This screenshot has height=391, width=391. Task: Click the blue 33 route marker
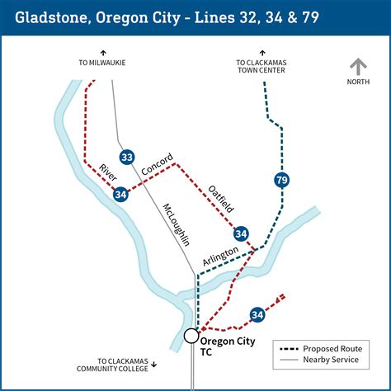click(126, 157)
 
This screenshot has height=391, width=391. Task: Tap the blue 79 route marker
click(282, 180)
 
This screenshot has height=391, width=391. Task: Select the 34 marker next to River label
click(121, 194)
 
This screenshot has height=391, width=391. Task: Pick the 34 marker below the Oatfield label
click(241, 234)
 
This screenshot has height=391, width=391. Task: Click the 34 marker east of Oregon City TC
click(257, 314)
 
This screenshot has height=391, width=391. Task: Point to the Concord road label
click(157, 164)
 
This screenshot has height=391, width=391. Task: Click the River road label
click(108, 173)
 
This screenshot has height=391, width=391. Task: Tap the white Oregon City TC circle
click(191, 336)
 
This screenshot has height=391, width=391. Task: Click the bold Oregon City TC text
click(227, 346)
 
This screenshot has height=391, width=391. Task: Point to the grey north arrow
click(357, 67)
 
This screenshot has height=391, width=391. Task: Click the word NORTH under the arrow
click(357, 81)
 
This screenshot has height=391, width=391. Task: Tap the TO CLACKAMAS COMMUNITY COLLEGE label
click(125, 365)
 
